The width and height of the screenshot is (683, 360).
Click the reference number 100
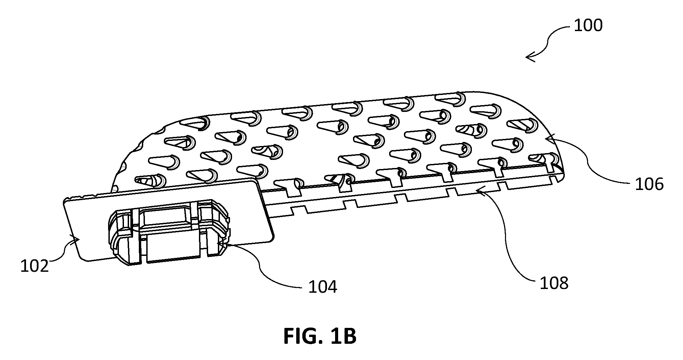point(588,26)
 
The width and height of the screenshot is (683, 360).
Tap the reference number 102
point(34,266)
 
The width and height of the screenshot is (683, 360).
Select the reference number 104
point(323,287)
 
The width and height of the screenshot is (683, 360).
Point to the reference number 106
point(650,184)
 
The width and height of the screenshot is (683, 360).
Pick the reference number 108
point(554,283)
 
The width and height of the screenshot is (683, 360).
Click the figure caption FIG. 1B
point(320,336)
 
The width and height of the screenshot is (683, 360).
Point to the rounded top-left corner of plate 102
point(66,201)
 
